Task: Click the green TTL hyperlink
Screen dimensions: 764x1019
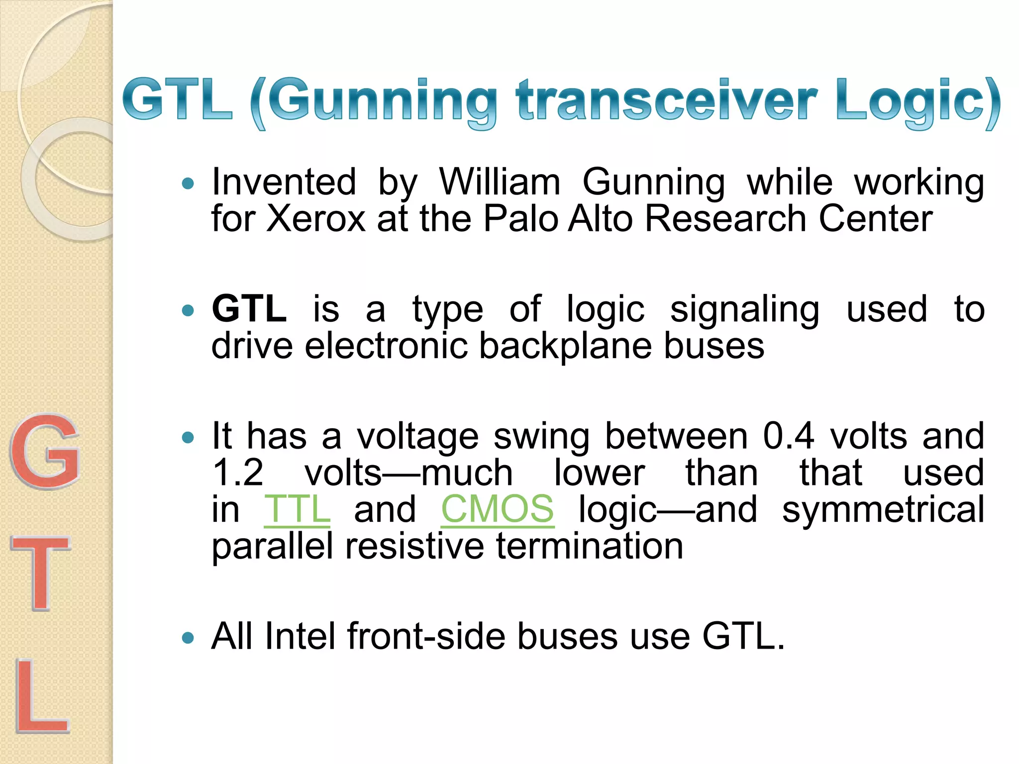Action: [297, 509]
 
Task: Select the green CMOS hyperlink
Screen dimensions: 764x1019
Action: [497, 509]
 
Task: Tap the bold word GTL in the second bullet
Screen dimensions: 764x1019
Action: [249, 309]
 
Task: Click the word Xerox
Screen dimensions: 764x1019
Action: [316, 219]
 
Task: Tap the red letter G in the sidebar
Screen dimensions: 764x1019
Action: [45, 452]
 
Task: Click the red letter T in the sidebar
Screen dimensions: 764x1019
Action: [41, 573]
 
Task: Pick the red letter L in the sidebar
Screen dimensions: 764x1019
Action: [42, 696]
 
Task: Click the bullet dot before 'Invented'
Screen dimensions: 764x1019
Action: [188, 184]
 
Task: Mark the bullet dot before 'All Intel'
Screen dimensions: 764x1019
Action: [188, 638]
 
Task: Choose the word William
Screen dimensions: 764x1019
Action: [500, 182]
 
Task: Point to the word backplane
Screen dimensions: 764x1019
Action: [565, 347]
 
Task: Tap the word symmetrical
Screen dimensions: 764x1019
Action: [883, 509]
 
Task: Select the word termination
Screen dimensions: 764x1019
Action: [590, 546]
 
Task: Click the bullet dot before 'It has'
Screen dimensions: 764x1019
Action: [188, 438]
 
